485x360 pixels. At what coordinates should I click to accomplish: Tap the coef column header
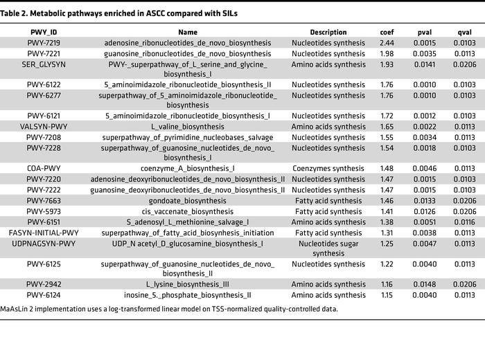pos(387,32)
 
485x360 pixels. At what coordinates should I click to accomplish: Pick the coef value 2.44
pos(387,43)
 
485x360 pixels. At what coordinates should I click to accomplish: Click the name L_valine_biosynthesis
pos(188,127)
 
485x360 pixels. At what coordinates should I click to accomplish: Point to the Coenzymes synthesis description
pos(328,168)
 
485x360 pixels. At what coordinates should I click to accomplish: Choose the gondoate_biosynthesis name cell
pos(188,201)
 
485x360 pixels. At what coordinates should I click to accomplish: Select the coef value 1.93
pos(387,64)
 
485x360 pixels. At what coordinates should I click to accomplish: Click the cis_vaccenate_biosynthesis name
pos(188,212)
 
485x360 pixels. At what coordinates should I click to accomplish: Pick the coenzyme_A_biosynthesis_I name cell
pos(188,168)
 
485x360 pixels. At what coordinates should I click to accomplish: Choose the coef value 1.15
pos(387,295)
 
